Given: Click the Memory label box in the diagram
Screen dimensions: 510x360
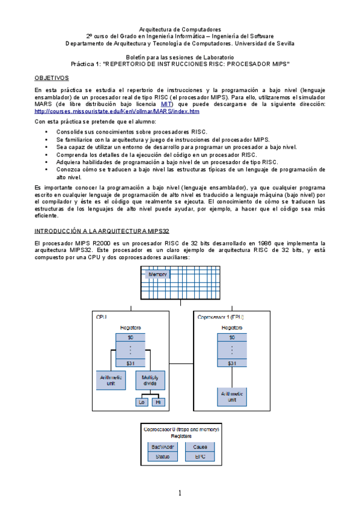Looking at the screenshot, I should coord(156,274).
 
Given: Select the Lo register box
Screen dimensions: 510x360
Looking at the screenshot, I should coord(142,402).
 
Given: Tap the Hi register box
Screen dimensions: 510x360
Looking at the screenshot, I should coord(158,402).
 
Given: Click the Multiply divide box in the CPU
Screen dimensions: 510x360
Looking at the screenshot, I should coord(150,381).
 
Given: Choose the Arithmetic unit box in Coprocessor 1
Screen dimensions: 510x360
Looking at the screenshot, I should coord(232,396).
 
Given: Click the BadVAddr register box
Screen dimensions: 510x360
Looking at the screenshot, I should coord(163,447).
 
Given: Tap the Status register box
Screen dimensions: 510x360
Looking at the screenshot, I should coord(163,456).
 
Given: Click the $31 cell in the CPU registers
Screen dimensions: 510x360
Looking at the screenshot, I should coord(130,363).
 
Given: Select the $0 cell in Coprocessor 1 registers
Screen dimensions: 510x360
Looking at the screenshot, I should coord(232,337).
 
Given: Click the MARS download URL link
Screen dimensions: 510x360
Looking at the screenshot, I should coord(117,111).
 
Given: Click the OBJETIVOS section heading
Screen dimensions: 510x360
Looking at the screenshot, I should coord(52,78).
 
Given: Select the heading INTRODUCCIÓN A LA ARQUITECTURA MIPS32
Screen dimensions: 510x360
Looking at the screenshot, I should coord(101,230).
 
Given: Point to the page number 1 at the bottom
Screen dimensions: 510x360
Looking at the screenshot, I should coord(179,494).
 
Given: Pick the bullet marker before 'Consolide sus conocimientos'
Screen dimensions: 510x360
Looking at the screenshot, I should coord(47,131).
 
